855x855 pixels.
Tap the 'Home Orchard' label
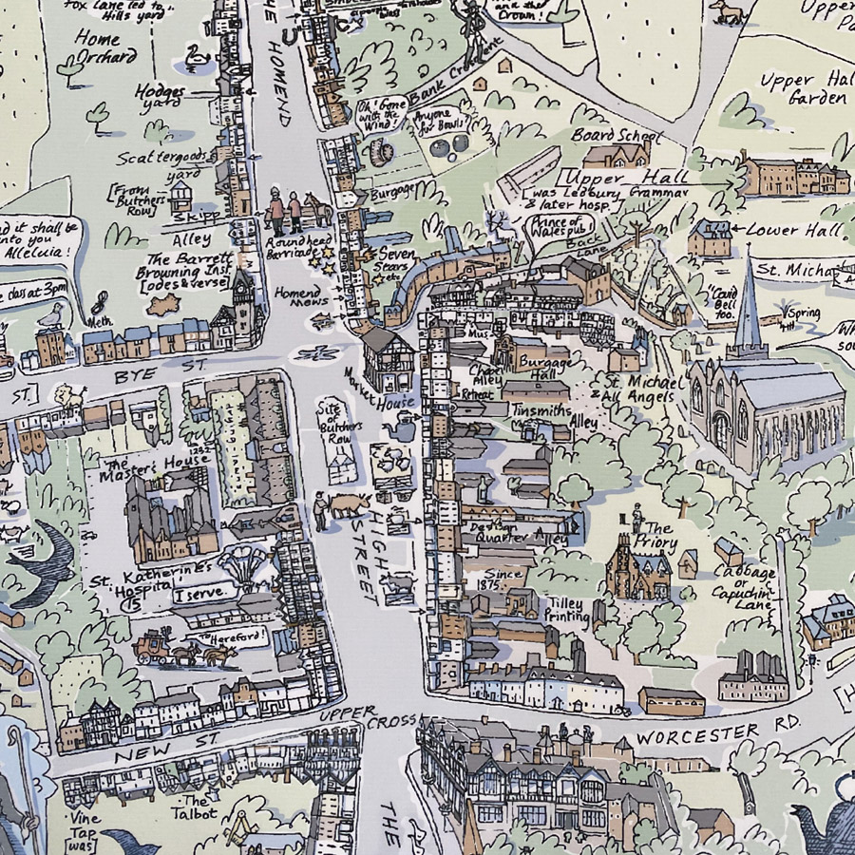(x=105, y=47)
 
